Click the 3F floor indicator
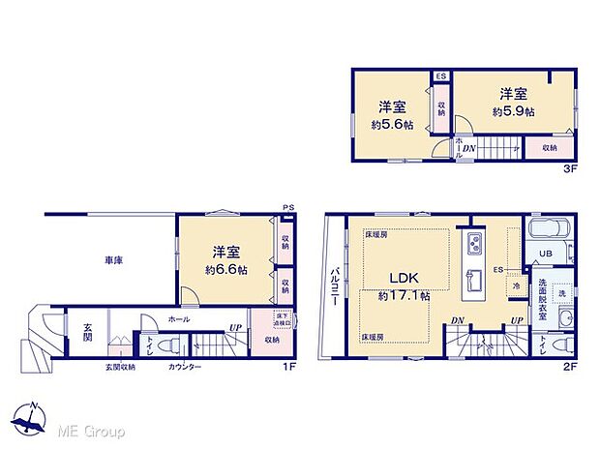[571, 167]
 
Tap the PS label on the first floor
[287, 207]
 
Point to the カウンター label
[184, 368]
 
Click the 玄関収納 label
[121, 368]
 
